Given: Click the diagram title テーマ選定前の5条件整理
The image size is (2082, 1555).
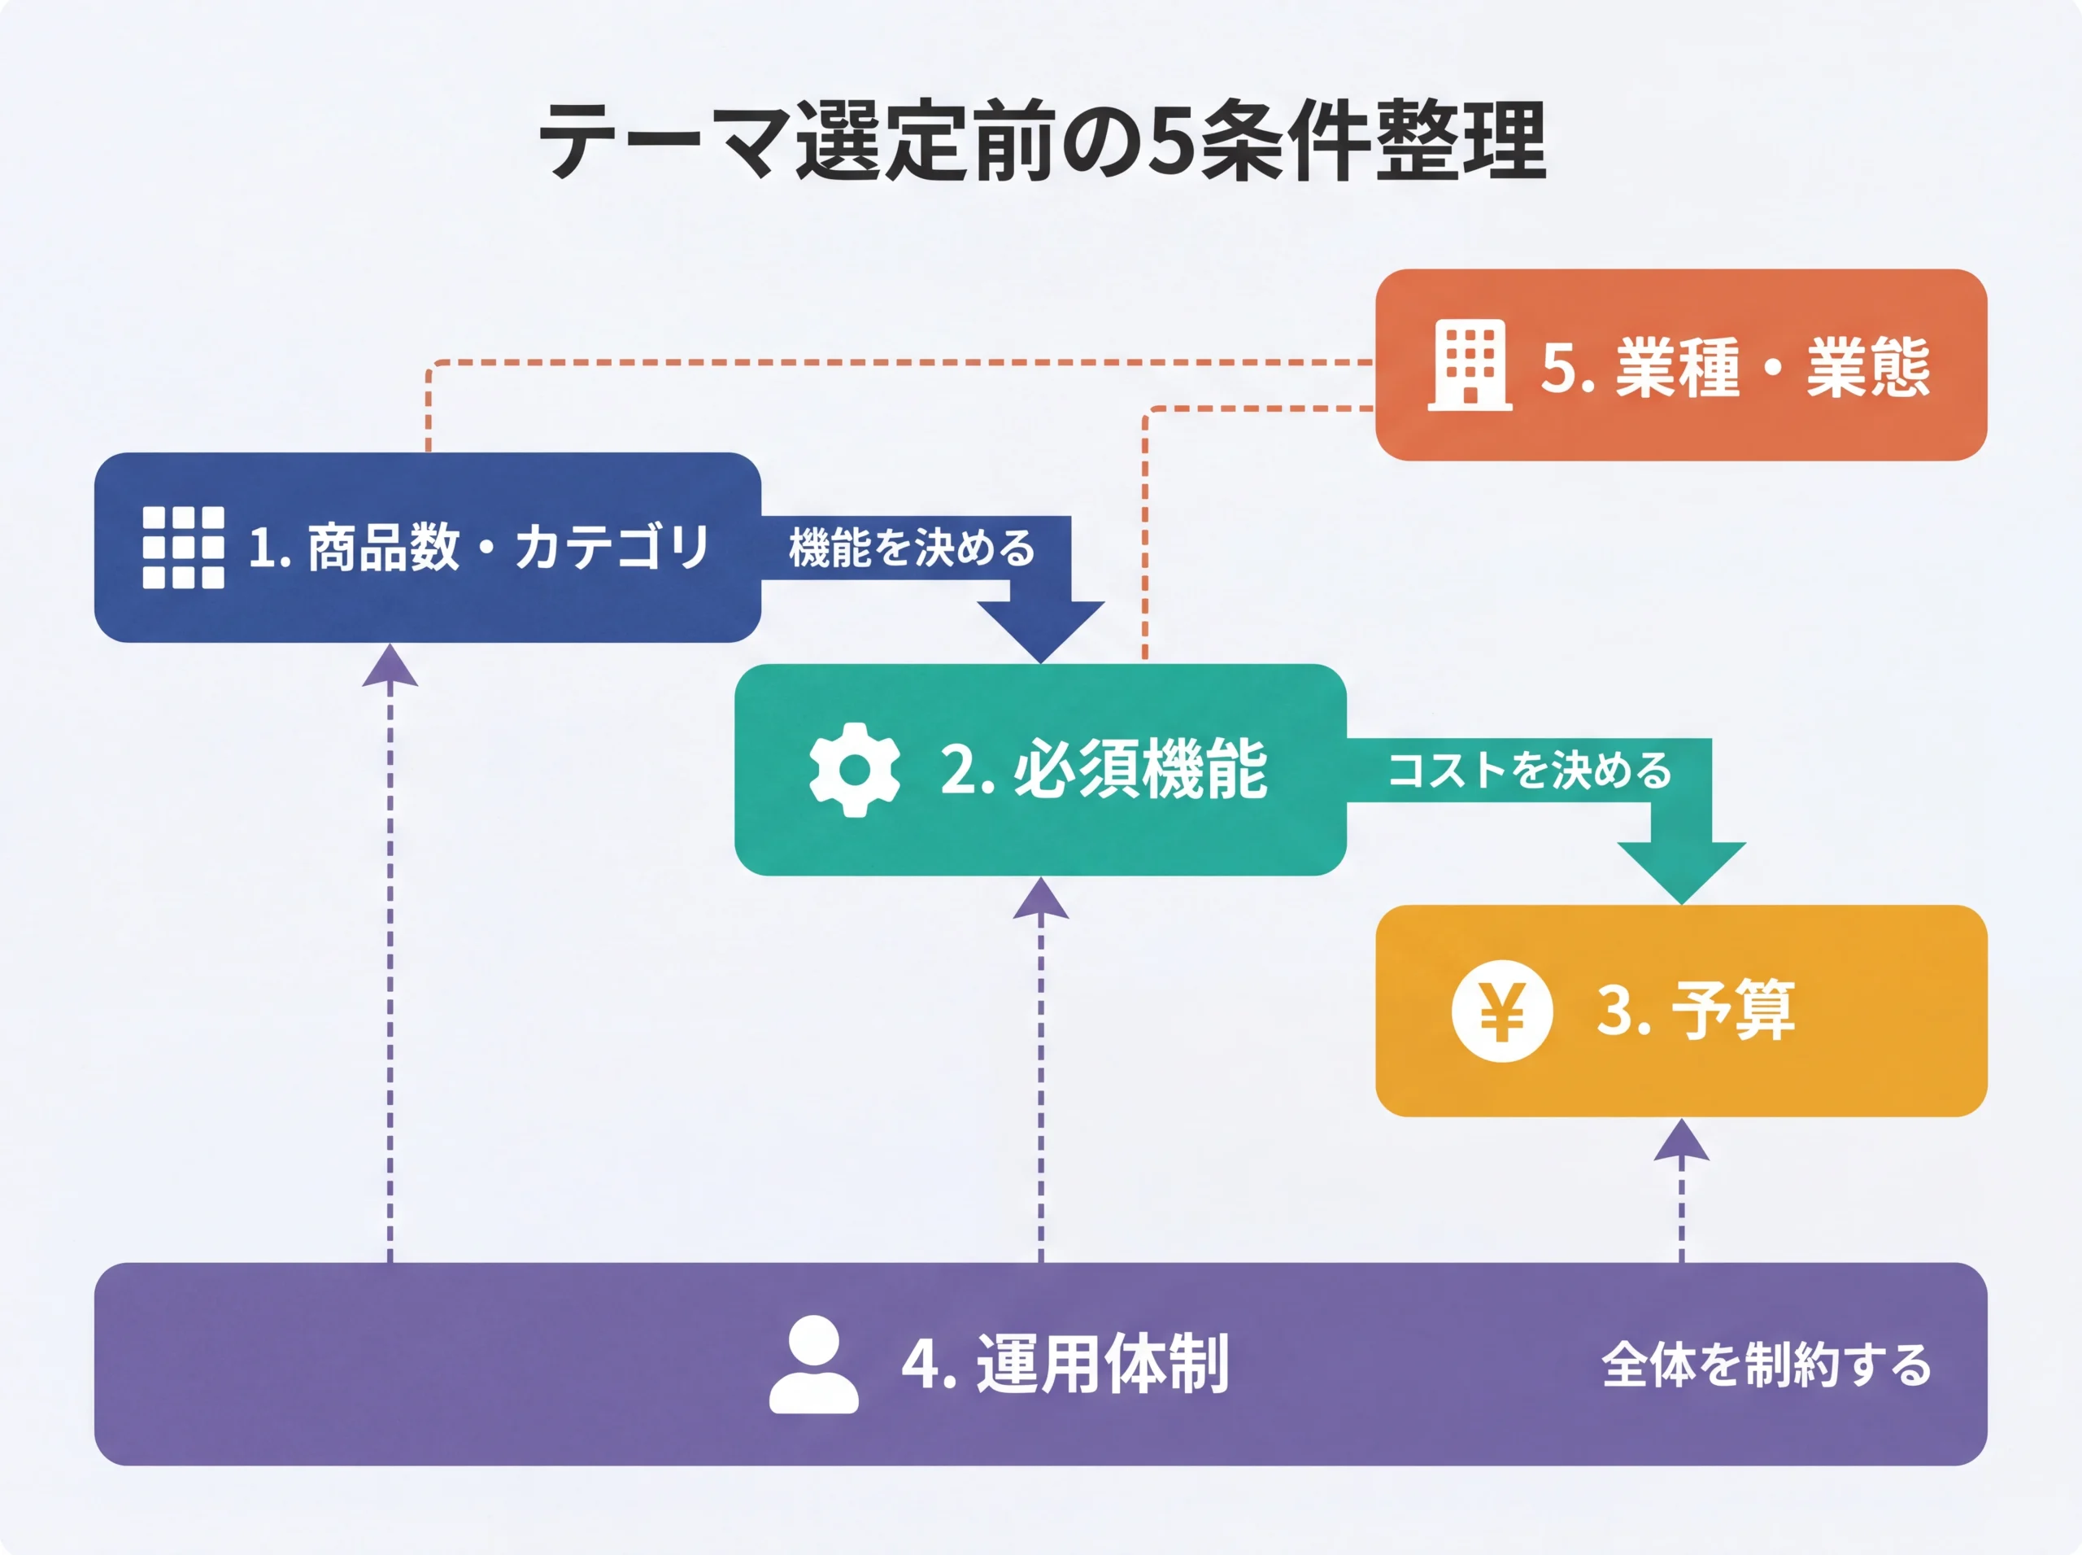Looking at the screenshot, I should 1042,142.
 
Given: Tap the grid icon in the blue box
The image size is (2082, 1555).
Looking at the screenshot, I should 184,547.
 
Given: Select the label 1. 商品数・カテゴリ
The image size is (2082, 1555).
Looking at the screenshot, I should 478,547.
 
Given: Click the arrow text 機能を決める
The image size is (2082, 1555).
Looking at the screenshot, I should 912,548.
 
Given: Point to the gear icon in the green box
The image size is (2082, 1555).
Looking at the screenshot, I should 854,769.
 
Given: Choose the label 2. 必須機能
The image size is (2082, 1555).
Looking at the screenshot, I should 1104,769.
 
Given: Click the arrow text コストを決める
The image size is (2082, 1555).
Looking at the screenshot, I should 1529,770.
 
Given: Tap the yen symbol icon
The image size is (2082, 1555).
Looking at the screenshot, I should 1501,1011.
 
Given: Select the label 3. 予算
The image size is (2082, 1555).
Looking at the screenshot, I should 1696,1011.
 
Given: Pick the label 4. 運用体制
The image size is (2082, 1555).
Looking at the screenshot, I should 1064,1364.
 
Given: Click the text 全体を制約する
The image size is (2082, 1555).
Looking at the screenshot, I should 1766,1365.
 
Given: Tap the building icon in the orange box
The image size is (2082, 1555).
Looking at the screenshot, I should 1470,365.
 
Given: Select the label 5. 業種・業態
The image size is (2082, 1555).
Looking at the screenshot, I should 1734,367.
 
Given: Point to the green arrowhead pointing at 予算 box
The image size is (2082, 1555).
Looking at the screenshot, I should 1681,871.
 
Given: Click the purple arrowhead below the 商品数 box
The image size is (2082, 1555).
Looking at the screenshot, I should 390,666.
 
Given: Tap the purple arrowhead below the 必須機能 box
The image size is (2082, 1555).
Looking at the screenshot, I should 1040,899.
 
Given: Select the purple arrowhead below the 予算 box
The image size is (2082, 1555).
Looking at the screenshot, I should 1681,1141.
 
